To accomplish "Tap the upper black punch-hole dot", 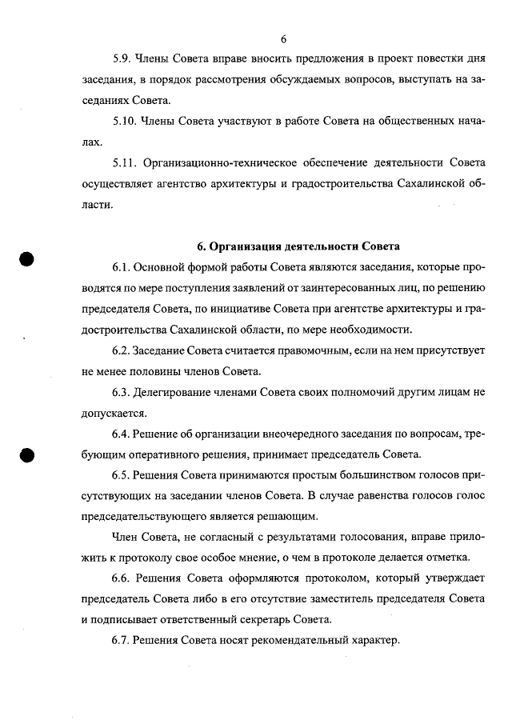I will click(27, 261).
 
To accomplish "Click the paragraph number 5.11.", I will click(126, 163).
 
